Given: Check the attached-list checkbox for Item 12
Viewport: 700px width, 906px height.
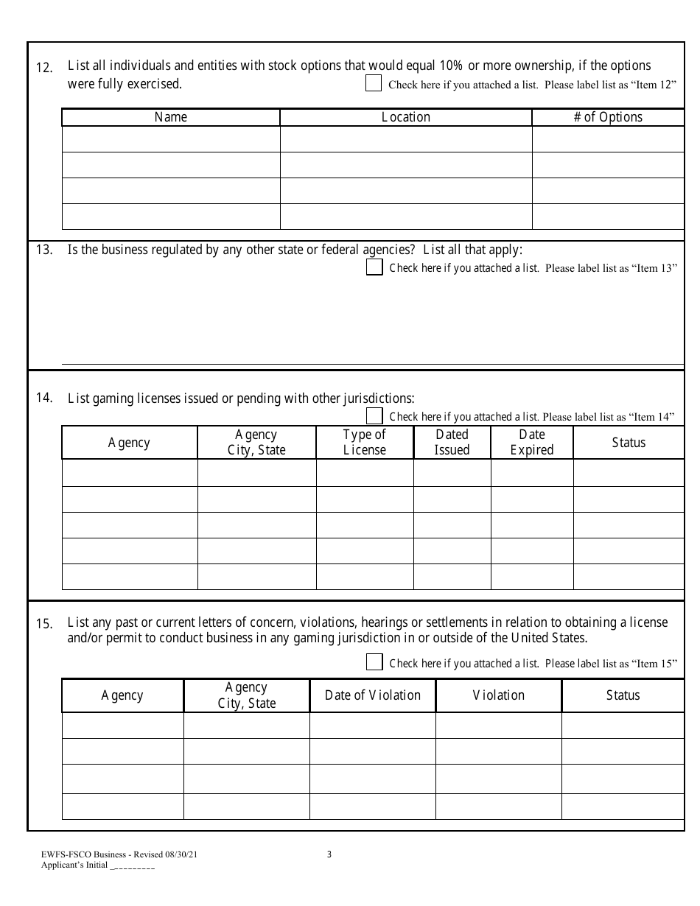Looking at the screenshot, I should click(374, 83).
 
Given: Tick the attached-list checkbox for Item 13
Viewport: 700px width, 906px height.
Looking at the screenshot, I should click(374, 267).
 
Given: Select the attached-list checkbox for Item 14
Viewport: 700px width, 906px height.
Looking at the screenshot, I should click(374, 416).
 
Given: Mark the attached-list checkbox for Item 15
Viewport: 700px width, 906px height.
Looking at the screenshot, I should click(374, 662).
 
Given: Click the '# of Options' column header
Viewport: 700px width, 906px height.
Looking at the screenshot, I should click(608, 117).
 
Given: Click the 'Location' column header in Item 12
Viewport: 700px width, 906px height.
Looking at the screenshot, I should click(406, 117).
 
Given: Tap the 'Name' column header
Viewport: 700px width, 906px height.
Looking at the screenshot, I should click(171, 117).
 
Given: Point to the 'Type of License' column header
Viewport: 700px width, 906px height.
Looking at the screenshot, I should click(365, 442).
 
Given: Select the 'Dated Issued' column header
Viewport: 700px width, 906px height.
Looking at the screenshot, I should click(452, 442).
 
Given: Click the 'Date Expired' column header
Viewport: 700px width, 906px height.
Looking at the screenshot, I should click(532, 442).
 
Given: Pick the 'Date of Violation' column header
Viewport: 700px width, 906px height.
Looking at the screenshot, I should click(373, 695).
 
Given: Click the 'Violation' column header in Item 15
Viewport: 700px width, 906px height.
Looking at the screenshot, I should click(499, 695).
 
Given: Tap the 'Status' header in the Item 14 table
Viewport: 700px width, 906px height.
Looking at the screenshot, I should click(629, 442).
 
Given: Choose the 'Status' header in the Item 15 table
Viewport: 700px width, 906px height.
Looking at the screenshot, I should click(623, 695).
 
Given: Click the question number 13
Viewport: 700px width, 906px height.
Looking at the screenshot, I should click(44, 250).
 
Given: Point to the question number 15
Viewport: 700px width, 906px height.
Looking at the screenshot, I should click(44, 624).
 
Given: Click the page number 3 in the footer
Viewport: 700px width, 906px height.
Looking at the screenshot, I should click(329, 854).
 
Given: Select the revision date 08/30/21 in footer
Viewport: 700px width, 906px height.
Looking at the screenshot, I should click(181, 855).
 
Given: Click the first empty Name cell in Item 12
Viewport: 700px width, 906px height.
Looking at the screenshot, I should click(171, 139).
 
